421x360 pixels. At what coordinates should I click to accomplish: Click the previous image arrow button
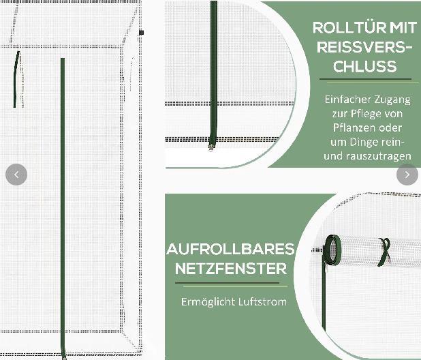(16, 175)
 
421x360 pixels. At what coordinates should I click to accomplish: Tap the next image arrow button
(407, 175)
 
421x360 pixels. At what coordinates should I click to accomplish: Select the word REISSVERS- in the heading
(364, 47)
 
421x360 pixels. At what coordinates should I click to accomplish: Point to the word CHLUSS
(365, 66)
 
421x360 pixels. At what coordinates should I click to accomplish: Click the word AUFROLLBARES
(231, 249)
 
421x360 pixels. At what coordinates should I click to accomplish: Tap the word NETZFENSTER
(231, 269)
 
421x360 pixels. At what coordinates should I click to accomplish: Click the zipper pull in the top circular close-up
(212, 147)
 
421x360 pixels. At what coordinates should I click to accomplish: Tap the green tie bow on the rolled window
(384, 252)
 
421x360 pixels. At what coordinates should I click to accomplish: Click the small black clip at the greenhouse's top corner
(142, 33)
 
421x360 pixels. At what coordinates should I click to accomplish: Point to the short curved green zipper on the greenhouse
(16, 79)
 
